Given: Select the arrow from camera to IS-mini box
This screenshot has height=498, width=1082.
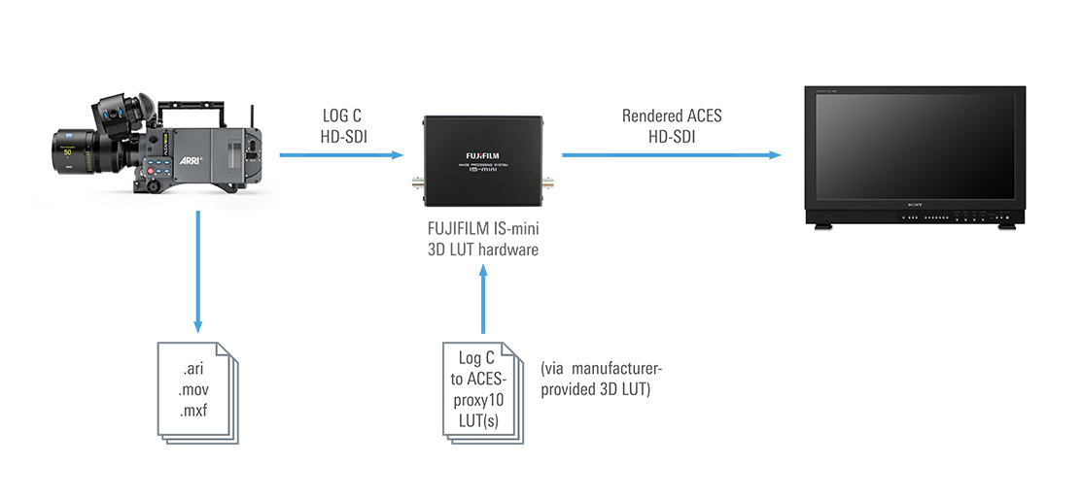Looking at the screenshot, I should (340, 154).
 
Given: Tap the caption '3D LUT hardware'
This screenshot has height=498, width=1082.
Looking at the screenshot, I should (483, 249).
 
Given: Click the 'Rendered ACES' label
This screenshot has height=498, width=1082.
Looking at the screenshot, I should (672, 116).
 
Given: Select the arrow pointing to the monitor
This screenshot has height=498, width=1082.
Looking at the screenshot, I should (672, 154).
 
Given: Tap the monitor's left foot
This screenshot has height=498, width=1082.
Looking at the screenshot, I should (823, 227).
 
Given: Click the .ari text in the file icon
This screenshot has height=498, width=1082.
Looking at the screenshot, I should (196, 370).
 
